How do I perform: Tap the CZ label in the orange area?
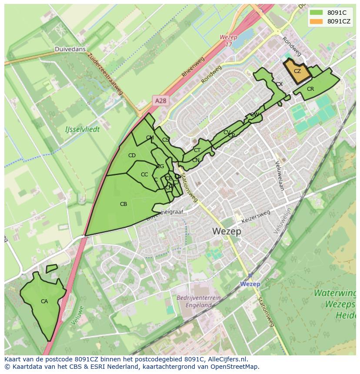click(297, 71)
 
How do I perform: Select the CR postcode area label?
click(310, 89)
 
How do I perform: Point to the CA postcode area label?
click(44, 301)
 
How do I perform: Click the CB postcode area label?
click(123, 204)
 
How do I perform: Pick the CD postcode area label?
click(132, 156)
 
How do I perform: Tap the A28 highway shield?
click(161, 101)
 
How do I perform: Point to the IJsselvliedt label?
click(82, 129)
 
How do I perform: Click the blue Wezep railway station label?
click(250, 284)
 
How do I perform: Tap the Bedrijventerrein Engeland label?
click(199, 301)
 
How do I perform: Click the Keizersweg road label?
click(256, 217)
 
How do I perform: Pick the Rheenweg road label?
click(190, 70)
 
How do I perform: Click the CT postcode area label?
click(197, 150)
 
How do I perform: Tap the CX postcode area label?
click(279, 84)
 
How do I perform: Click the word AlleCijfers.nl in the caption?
click(226, 359)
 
